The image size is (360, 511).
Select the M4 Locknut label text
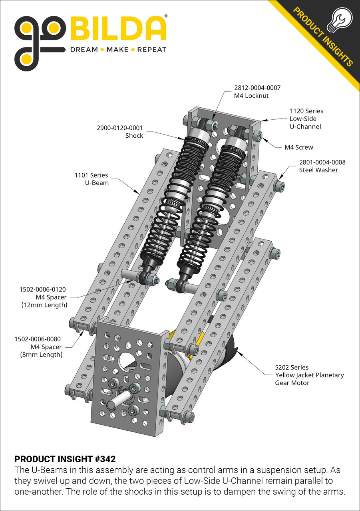pos(251,96)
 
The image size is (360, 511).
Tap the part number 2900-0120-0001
pos(120,128)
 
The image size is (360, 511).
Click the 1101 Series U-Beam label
pos(91,179)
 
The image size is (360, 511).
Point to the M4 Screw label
pos(298,147)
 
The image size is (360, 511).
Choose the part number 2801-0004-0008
pos(322,162)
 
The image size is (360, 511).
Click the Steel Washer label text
pos(318,170)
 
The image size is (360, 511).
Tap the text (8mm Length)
pos(42,355)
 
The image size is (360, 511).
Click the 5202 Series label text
pos(292,367)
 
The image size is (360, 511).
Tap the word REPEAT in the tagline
pos(151,50)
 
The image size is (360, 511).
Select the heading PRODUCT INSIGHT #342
pos(65,459)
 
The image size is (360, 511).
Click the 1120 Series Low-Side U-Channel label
pos(306,119)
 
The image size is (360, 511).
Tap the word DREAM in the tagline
pos(84,50)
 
